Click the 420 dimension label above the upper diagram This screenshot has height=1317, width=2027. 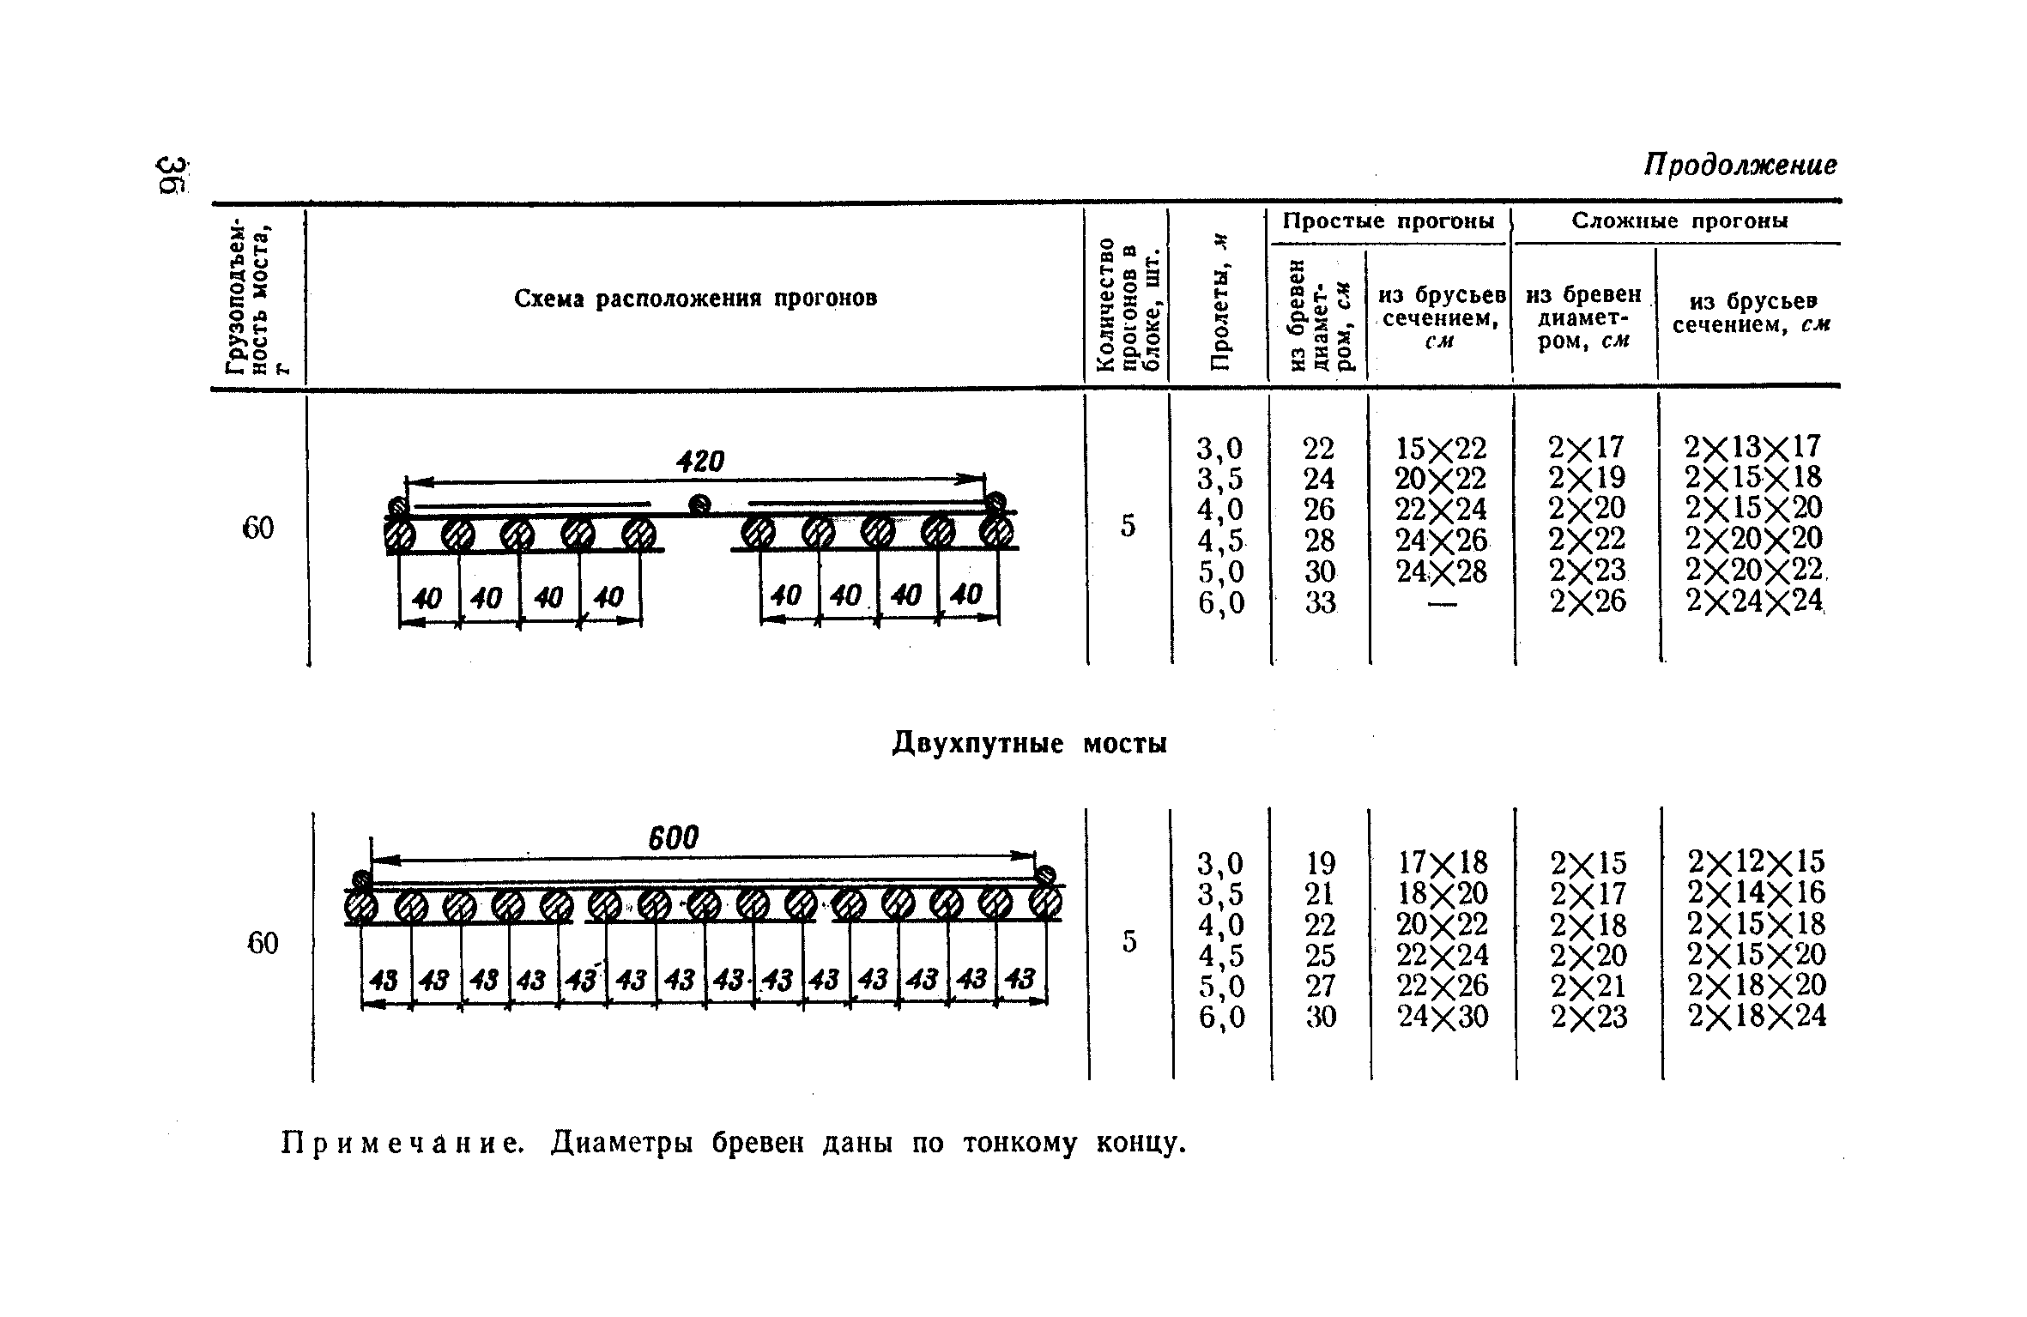pos(701,462)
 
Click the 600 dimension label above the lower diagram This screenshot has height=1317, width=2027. pos(674,838)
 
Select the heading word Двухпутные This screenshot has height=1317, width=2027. pos(976,742)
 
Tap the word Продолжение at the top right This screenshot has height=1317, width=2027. pos(1740,165)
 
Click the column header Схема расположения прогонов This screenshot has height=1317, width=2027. pos(695,299)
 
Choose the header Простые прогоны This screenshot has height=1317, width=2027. pos(1389,221)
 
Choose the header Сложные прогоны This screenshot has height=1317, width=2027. pos(1679,221)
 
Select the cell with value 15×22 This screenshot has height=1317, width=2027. pos(1441,448)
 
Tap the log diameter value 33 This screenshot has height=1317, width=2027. pos(1320,603)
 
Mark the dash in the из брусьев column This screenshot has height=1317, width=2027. pos(1442,604)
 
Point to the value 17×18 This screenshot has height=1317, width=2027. pos(1442,861)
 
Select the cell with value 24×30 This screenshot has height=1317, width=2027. pos(1442,1017)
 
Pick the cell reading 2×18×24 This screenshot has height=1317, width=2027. pos(1757,1016)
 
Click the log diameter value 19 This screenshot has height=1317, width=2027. pos(1320,861)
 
